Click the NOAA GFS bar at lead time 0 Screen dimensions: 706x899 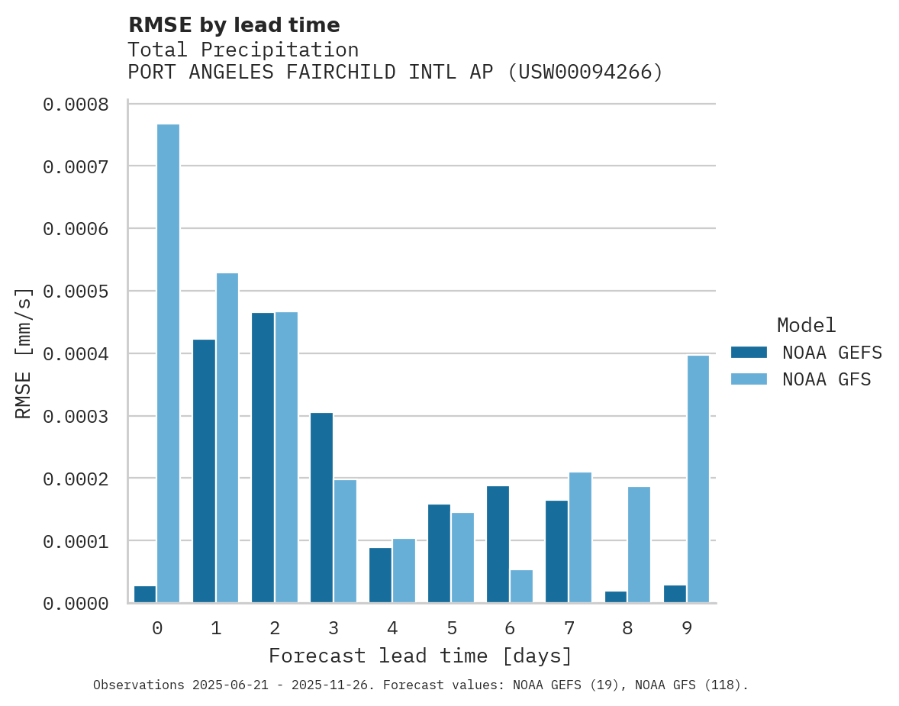click(x=168, y=363)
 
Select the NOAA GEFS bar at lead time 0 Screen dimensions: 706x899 click(x=145, y=595)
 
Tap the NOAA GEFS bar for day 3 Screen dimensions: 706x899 click(x=321, y=508)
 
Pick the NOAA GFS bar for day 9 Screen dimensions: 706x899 click(x=698, y=479)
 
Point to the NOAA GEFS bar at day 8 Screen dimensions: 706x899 click(x=616, y=597)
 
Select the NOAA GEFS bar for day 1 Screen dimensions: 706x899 click(x=204, y=471)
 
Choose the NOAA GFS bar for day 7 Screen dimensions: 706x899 click(x=580, y=537)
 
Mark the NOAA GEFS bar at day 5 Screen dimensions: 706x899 click(x=439, y=553)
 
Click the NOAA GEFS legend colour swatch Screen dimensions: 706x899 click(x=749, y=353)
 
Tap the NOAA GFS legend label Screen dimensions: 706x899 click(x=826, y=379)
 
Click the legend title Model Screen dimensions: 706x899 click(x=807, y=325)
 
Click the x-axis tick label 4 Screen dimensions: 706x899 click(x=392, y=628)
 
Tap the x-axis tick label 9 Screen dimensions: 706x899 click(x=687, y=628)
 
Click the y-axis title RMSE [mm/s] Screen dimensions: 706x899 click(x=24, y=353)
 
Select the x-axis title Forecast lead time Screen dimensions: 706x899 click(x=420, y=656)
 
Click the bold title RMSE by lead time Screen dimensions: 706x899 click(x=234, y=25)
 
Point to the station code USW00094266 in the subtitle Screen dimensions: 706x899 click(x=585, y=72)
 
